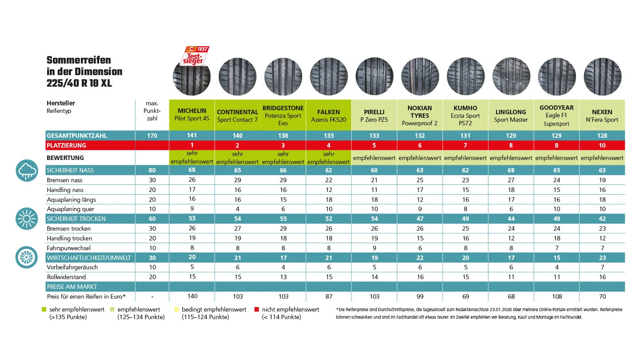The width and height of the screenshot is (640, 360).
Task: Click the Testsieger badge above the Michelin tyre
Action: (196, 55)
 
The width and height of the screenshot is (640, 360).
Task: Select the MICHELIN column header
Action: (192, 115)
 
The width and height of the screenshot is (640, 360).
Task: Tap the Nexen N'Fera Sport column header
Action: (602, 116)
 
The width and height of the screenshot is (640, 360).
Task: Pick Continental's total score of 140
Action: (237, 136)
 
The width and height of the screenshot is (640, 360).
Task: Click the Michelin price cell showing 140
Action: (192, 296)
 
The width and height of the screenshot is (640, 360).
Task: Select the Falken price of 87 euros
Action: (329, 296)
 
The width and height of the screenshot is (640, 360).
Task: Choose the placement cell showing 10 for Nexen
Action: (602, 145)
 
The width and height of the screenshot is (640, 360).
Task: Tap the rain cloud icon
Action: (27, 171)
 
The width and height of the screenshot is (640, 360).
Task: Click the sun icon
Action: (27, 218)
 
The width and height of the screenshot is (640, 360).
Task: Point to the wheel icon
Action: (27, 257)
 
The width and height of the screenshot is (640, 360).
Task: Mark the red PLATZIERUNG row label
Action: (66, 145)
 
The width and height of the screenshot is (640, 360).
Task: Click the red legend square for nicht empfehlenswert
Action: (256, 309)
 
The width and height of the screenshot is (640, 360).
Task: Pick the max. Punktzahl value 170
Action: (152, 136)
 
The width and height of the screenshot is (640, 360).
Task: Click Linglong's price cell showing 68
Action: (511, 296)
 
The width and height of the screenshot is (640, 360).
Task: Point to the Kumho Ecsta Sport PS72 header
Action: (465, 116)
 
